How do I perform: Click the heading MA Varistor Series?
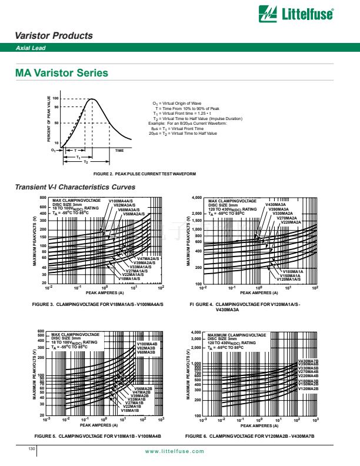[x=62, y=74]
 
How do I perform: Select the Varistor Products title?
[x=54, y=36]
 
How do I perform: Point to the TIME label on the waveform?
[x=119, y=151]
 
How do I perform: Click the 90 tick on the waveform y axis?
[x=56, y=107]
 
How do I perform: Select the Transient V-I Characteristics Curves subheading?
[x=75, y=187]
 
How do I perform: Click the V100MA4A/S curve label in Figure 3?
[x=121, y=201]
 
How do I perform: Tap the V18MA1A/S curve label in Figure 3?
[x=128, y=278]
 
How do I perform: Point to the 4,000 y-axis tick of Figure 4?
[x=195, y=198]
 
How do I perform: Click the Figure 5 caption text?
[x=98, y=435]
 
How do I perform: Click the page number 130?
[x=32, y=449]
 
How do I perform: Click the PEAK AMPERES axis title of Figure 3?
[x=105, y=292]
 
